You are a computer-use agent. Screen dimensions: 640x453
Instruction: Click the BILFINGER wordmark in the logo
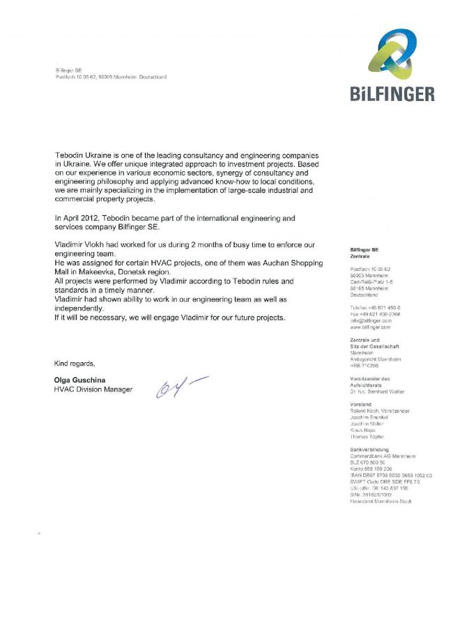click(x=393, y=94)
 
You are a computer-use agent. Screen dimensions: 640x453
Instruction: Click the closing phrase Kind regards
click(x=75, y=364)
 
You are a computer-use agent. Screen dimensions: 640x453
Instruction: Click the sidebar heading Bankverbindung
click(x=369, y=449)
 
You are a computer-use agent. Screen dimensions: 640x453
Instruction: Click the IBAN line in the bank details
click(x=391, y=475)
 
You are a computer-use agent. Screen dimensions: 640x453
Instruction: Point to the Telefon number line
click(x=375, y=307)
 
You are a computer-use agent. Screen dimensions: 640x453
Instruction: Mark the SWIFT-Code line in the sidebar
click(x=385, y=481)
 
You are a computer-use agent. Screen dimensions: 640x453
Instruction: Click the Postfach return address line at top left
click(x=111, y=77)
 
